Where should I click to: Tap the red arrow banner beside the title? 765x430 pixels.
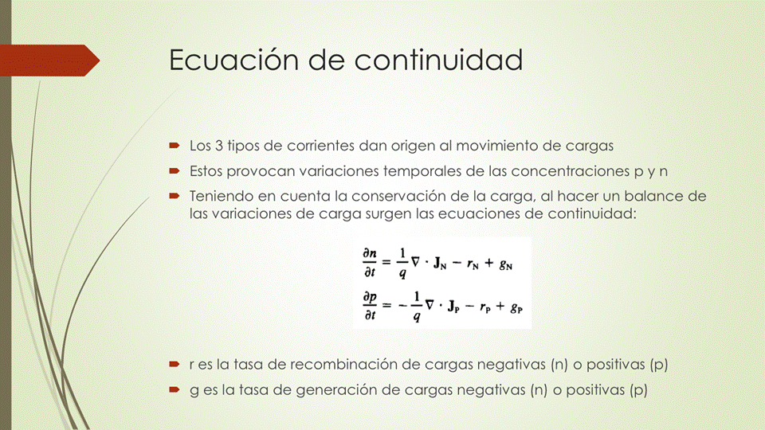point(49,61)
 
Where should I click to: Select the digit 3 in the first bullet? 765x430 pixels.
point(219,146)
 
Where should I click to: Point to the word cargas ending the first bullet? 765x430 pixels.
point(590,147)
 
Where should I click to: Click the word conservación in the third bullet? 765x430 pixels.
point(398,196)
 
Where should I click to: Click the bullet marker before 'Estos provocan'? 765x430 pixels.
point(175,170)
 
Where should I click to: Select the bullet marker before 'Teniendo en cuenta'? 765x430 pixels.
point(175,196)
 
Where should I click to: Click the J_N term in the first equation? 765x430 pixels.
point(440,264)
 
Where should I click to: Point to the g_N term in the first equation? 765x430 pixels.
point(506,264)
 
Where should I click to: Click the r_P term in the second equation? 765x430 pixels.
point(485,307)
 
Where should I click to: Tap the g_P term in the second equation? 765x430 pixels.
point(516,308)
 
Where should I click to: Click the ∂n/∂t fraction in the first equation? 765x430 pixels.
point(369,262)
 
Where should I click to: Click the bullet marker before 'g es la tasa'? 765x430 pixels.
point(175,389)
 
